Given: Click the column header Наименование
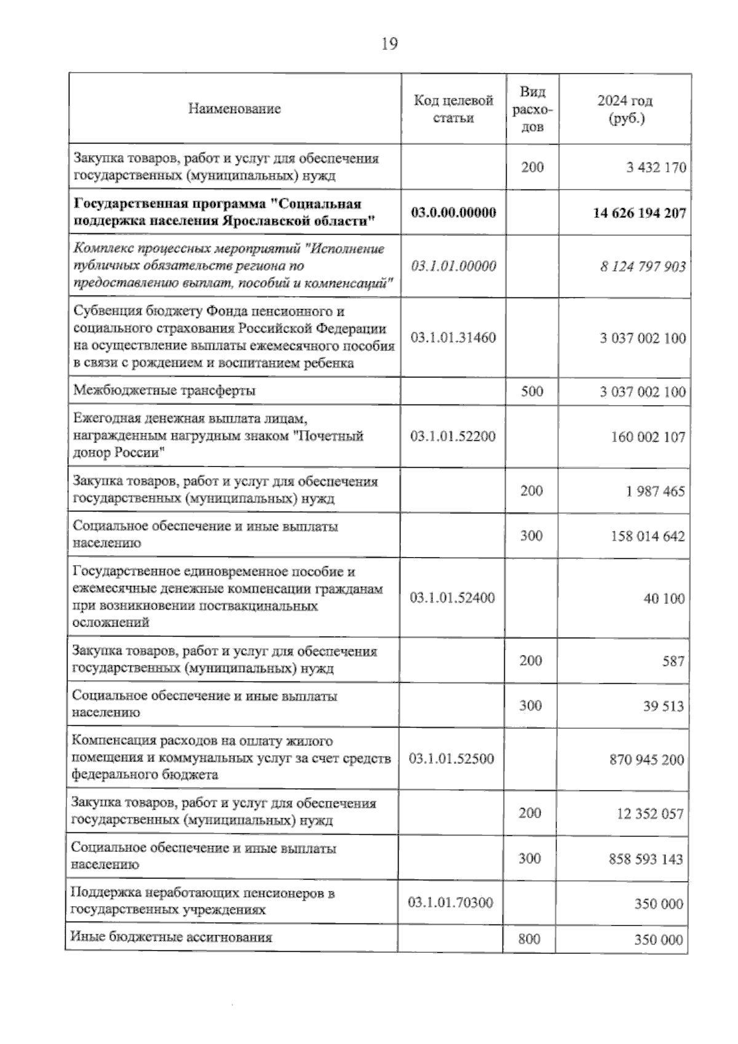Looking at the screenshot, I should tap(234, 109).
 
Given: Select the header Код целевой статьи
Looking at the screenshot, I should tap(453, 109).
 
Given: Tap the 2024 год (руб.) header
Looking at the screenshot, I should tap(625, 109).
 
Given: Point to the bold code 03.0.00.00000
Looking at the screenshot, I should tap(453, 212).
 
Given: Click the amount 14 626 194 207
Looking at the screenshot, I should tap(639, 213).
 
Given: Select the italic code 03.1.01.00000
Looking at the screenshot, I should tap(453, 266).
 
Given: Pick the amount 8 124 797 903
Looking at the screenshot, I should tap(643, 267).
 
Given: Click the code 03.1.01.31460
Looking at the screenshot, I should tap(453, 337).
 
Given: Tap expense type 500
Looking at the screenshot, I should tap(531, 391).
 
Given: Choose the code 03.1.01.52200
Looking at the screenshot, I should tap(453, 436).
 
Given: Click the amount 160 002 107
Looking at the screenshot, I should tap(648, 437).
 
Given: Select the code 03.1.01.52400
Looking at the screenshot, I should tap(452, 598).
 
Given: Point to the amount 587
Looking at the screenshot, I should tap(673, 661).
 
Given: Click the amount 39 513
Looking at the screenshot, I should tap(664, 706).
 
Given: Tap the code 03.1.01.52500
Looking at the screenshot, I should tap(451, 758).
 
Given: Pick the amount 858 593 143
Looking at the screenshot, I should tap(646, 859).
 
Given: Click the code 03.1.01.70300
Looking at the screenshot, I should tap(450, 902).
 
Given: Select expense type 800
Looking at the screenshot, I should tap(530, 939).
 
